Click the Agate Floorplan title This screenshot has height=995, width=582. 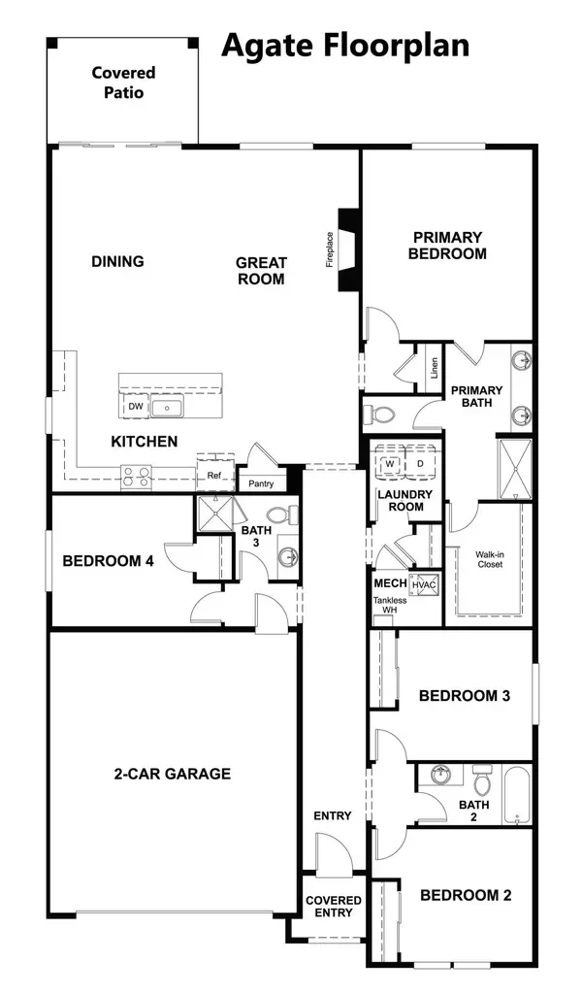point(345,47)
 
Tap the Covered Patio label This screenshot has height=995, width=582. point(123,83)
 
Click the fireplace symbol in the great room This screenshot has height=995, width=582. point(349,249)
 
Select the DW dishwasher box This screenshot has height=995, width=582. point(136,407)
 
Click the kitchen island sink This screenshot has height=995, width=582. point(167,407)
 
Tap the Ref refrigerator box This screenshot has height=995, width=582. point(215,475)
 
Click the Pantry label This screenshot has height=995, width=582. point(261,483)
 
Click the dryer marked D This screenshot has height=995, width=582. point(420,463)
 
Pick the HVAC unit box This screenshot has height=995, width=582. point(424,583)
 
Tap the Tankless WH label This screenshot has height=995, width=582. point(390,605)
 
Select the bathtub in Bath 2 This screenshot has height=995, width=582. point(516,796)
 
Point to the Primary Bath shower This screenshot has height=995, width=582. point(514,469)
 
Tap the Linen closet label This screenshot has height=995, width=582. point(434,367)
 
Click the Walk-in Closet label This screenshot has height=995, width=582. point(490,559)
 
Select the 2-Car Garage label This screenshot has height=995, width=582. point(172,774)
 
